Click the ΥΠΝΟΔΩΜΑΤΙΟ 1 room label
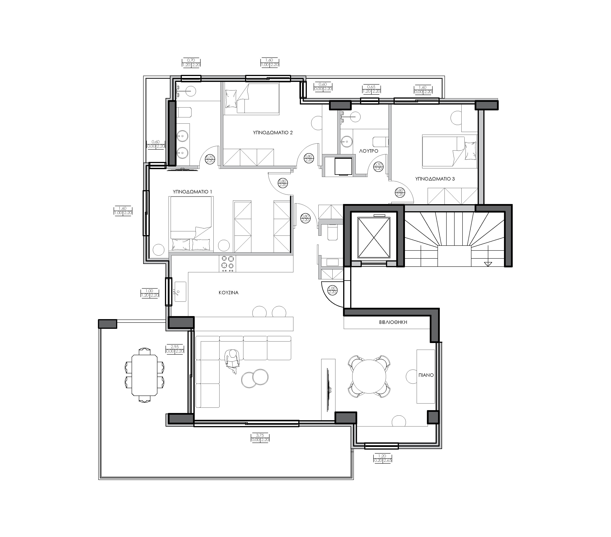click(192, 192)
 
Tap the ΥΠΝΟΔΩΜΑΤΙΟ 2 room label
click(273, 133)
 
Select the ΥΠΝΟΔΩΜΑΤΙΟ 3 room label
click(435, 179)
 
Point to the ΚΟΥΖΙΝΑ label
click(229, 293)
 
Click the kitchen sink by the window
click(180, 292)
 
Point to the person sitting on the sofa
click(232, 361)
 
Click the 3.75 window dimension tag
click(260, 438)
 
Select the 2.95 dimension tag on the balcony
click(175, 349)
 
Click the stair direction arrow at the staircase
click(488, 264)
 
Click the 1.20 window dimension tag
click(382, 458)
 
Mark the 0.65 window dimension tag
click(371, 89)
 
